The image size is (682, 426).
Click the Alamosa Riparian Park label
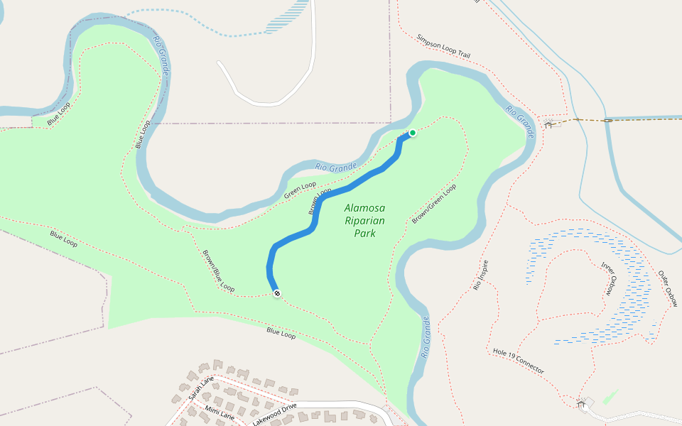(364, 220)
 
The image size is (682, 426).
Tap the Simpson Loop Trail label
(443, 46)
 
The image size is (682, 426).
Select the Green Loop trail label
(300, 190)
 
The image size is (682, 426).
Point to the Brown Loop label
(320, 201)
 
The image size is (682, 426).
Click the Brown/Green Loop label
(434, 204)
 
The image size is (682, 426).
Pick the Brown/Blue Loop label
(218, 271)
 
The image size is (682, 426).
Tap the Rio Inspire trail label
(481, 275)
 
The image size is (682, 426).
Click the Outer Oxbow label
(668, 288)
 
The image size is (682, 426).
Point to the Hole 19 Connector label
(519, 361)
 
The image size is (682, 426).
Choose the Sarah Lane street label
(201, 388)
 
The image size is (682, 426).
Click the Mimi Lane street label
(220, 412)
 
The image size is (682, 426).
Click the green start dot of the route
(412, 133)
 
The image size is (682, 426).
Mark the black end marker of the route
(276, 293)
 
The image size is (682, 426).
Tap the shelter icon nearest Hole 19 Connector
(582, 403)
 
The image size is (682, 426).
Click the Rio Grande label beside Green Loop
(335, 168)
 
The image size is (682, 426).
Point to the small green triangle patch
(610, 396)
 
